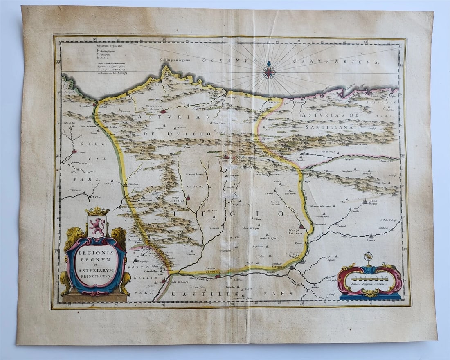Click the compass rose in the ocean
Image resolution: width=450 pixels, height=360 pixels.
269,72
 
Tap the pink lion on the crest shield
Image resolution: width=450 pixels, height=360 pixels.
97,226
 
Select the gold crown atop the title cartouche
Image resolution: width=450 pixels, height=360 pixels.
97,211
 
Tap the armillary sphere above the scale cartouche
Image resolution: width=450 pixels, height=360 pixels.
369,258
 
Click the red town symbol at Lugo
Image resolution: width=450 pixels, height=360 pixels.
74,151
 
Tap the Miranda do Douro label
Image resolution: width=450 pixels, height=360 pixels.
178,282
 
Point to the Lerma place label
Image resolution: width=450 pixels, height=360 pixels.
371,241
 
